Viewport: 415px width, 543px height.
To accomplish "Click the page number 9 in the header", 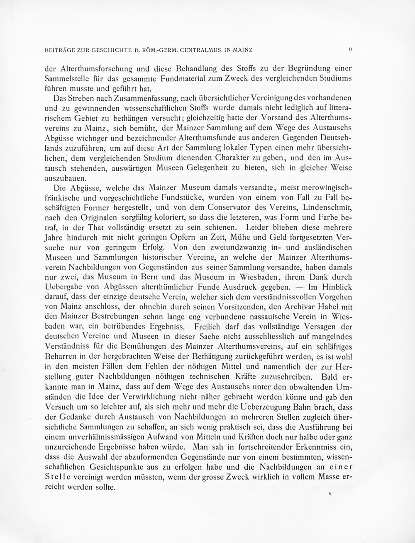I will (x=351, y=50).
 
